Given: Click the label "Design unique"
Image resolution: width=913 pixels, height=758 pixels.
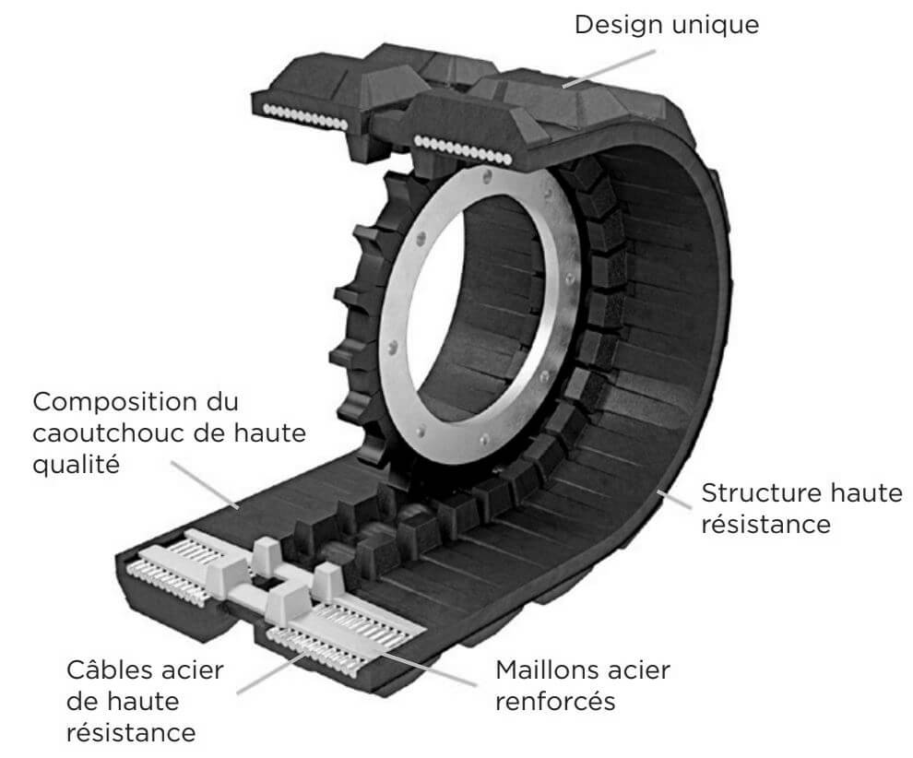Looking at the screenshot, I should coord(666,25).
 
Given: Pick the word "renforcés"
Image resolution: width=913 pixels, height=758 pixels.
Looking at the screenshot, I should coord(555,701).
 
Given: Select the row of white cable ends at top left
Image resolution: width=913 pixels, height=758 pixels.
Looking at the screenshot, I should coord(304,121).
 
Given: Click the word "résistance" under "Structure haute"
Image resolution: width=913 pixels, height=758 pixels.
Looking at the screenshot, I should coord(767,525).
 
